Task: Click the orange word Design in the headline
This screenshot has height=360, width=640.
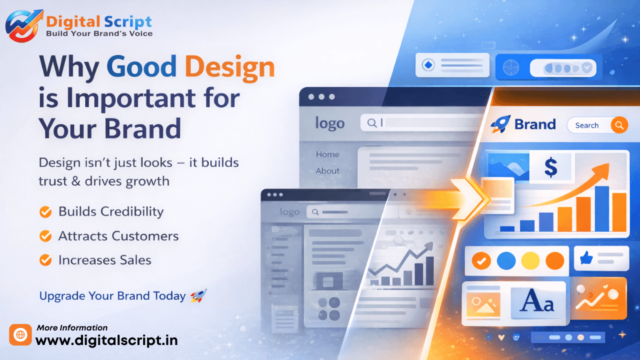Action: (229, 67)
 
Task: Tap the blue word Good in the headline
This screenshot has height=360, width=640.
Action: (141, 67)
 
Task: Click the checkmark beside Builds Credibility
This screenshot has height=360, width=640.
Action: (45, 212)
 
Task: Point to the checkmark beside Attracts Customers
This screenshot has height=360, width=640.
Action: (45, 236)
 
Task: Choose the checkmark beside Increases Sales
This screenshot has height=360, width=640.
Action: (45, 260)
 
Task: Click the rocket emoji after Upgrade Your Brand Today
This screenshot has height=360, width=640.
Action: (198, 296)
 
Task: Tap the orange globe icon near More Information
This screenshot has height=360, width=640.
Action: (20, 335)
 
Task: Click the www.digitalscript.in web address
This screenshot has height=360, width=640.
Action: (106, 341)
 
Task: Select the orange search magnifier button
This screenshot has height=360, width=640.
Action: (619, 125)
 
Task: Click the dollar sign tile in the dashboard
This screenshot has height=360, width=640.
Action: (550, 167)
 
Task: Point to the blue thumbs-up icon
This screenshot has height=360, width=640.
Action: (586, 258)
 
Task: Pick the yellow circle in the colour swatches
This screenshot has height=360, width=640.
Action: (530, 260)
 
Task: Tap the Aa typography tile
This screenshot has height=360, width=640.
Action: (537, 301)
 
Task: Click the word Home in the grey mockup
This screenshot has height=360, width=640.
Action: (327, 154)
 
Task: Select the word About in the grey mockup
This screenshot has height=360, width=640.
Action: (327, 171)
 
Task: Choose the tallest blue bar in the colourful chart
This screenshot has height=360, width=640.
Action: (601, 209)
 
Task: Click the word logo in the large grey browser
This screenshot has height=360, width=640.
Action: (329, 123)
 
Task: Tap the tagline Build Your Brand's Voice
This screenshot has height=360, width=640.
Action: (99, 33)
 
